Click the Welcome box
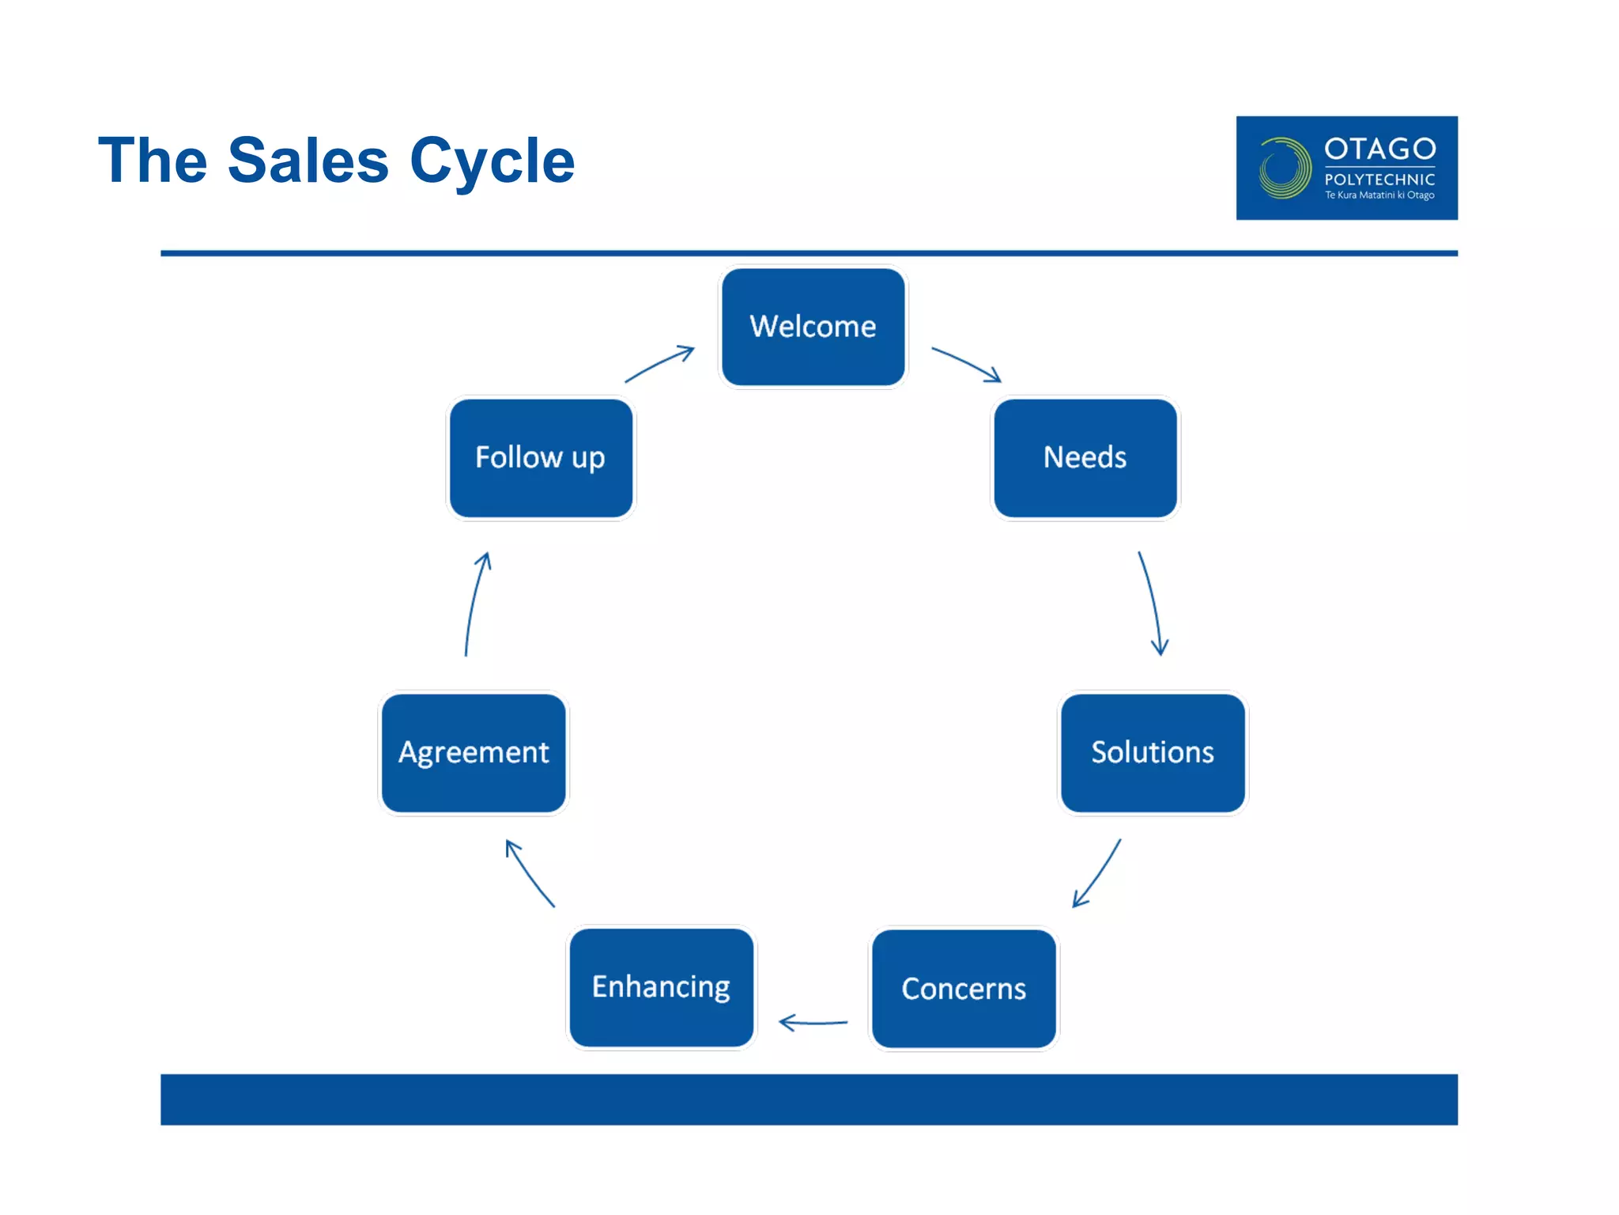click(813, 327)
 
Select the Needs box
click(1085, 457)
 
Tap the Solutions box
click(1152, 752)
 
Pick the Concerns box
click(963, 988)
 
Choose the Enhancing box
click(661, 987)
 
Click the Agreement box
click(474, 752)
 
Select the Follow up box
click(541, 457)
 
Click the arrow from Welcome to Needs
click(966, 363)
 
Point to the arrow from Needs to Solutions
click(1153, 603)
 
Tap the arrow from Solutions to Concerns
click(1098, 874)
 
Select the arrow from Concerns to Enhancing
click(813, 1023)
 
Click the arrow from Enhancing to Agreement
click(529, 872)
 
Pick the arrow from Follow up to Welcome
click(659, 363)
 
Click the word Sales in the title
click(308, 161)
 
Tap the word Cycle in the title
click(492, 161)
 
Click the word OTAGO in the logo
click(1379, 149)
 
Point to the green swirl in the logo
click(1284, 168)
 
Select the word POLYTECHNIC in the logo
click(1379, 180)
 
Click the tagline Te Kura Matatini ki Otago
click(1379, 195)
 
